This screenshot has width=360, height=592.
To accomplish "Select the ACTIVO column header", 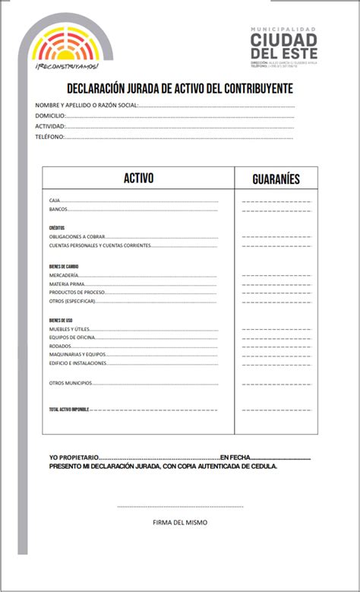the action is tap(138, 179).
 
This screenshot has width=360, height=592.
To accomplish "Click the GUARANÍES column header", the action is tap(276, 179).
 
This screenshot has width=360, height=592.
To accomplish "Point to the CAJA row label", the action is tap(55, 200).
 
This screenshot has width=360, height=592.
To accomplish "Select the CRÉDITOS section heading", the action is tap(57, 228).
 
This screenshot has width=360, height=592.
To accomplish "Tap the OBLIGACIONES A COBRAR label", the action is tap(77, 237).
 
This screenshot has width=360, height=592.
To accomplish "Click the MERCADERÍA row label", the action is tap(63, 274).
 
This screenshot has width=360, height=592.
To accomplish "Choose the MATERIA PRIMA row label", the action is tap(67, 283).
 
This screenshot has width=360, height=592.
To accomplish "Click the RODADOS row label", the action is tap(60, 345).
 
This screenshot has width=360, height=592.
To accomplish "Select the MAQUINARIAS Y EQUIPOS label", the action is tap(77, 354).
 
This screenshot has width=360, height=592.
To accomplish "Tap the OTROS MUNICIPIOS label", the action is tap(70, 383).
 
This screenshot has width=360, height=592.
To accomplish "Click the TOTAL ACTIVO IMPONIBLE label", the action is tap(69, 410).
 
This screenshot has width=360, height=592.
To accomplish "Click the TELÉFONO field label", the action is tap(49, 137).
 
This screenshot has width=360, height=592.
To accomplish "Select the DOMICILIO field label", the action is tap(50, 116).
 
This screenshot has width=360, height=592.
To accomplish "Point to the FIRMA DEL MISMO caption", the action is tap(179, 522).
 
